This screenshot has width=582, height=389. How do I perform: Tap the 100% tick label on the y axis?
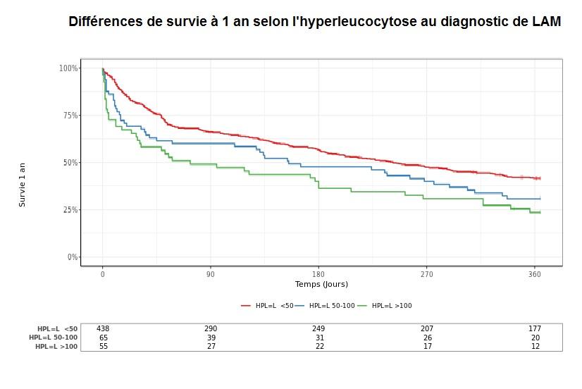(68, 68)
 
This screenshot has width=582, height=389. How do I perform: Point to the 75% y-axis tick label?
(70, 116)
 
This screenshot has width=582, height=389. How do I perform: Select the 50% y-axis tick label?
(70, 163)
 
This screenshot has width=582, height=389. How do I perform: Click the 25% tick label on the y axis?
(70, 210)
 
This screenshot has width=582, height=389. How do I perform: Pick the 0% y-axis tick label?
(72, 257)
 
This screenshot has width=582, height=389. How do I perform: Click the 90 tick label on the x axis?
(211, 274)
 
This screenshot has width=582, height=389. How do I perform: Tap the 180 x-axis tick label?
(318, 274)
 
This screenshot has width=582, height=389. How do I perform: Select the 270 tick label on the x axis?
(426, 274)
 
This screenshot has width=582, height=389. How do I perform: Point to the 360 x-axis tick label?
(534, 274)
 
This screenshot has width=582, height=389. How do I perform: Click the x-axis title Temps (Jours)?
(321, 285)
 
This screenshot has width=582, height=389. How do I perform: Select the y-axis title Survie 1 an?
(22, 185)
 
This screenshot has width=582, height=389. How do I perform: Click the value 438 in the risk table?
(103, 329)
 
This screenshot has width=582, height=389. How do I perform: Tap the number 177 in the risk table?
(535, 329)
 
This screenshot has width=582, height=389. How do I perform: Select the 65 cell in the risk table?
(103, 338)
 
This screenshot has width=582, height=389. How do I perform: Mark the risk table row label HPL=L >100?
(56, 346)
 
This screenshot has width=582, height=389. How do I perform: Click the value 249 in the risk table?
(318, 329)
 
